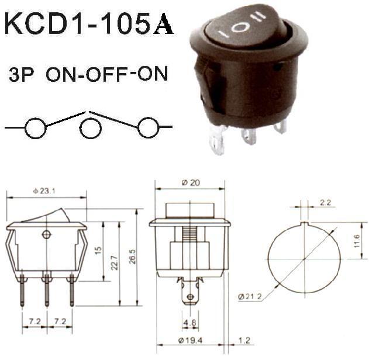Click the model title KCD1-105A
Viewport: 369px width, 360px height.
(x=89, y=24)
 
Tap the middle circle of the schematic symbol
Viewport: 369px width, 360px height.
(x=91, y=129)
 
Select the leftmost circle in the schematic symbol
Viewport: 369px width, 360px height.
(x=36, y=128)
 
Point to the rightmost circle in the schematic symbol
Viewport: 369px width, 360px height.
(x=149, y=127)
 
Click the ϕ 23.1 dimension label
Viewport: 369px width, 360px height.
(x=44, y=191)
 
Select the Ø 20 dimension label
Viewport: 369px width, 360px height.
(x=191, y=182)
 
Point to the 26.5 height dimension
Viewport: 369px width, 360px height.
(x=133, y=257)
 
